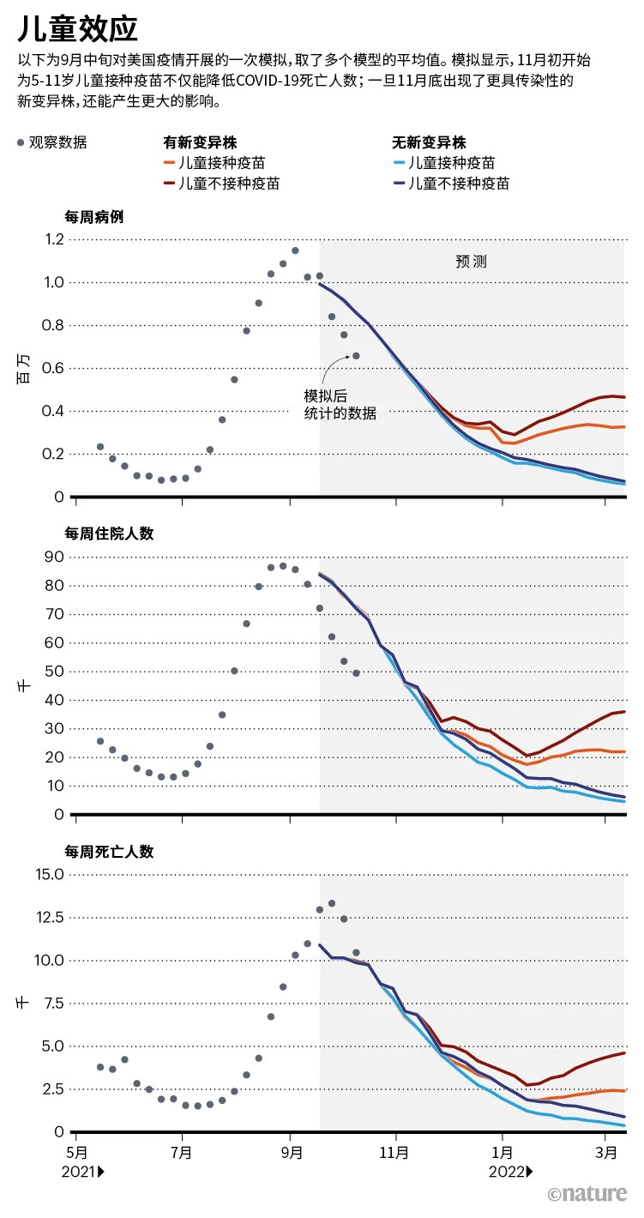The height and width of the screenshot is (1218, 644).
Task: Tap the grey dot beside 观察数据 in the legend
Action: pyautogui.click(x=21, y=143)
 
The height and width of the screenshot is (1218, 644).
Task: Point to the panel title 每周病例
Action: pyautogui.click(x=94, y=217)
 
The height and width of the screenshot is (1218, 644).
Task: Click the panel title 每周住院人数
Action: pyautogui.click(x=109, y=534)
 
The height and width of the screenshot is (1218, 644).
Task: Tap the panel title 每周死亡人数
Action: pyautogui.click(x=109, y=852)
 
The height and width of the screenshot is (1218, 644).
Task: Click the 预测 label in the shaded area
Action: pyautogui.click(x=471, y=262)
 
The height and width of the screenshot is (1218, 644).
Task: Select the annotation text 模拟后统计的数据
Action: pyautogui.click(x=340, y=404)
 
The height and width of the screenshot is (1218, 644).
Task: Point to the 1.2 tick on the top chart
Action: pyautogui.click(x=53, y=239)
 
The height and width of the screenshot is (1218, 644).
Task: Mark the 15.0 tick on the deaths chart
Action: pyautogui.click(x=50, y=874)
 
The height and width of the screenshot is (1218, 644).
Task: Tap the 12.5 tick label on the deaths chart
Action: pyautogui.click(x=50, y=917)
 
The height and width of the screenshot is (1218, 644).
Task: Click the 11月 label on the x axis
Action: pyautogui.click(x=394, y=1153)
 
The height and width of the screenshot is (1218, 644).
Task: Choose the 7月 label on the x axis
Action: pyautogui.click(x=181, y=1153)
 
